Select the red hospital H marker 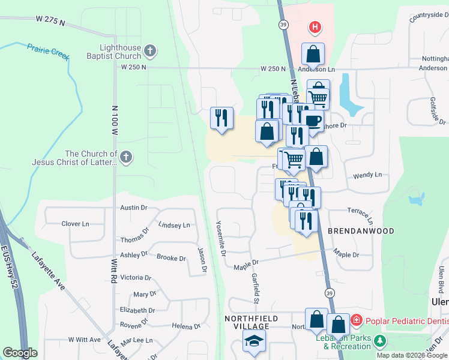(x=314, y=27)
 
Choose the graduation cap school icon (x=254, y=341)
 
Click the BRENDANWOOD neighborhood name (x=360, y=231)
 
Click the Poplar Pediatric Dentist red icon (x=356, y=320)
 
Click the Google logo (x=20, y=353)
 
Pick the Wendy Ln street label (x=367, y=175)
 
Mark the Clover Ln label (x=75, y=224)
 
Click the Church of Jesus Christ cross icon (x=125, y=158)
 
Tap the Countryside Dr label (x=429, y=16)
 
